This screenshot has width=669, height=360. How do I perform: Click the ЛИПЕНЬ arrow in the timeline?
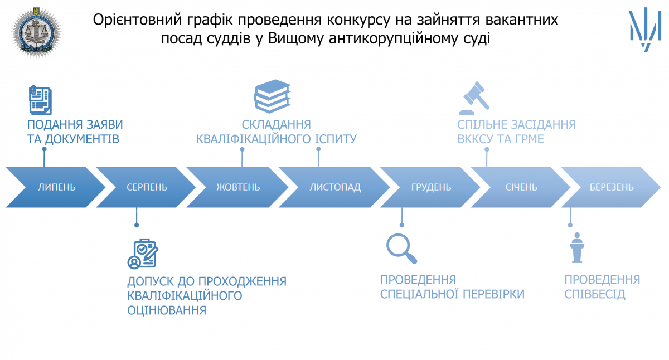coord(56,187)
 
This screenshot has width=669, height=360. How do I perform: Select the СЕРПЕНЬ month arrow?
coord(147,187)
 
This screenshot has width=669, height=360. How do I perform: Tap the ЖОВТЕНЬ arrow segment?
coord(238,187)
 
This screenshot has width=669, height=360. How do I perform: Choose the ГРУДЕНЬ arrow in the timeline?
coord(431,187)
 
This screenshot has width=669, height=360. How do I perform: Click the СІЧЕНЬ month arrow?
coord(521,187)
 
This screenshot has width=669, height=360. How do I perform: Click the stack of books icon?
coord(272,96)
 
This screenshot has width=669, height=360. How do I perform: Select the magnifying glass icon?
coord(402,249)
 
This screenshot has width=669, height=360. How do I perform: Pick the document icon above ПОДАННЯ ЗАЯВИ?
coord(40,100)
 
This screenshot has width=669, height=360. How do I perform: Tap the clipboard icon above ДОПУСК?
coord(143,254)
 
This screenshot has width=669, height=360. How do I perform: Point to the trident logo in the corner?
coord(646,29)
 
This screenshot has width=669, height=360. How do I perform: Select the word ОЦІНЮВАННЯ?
coord(167,310)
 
